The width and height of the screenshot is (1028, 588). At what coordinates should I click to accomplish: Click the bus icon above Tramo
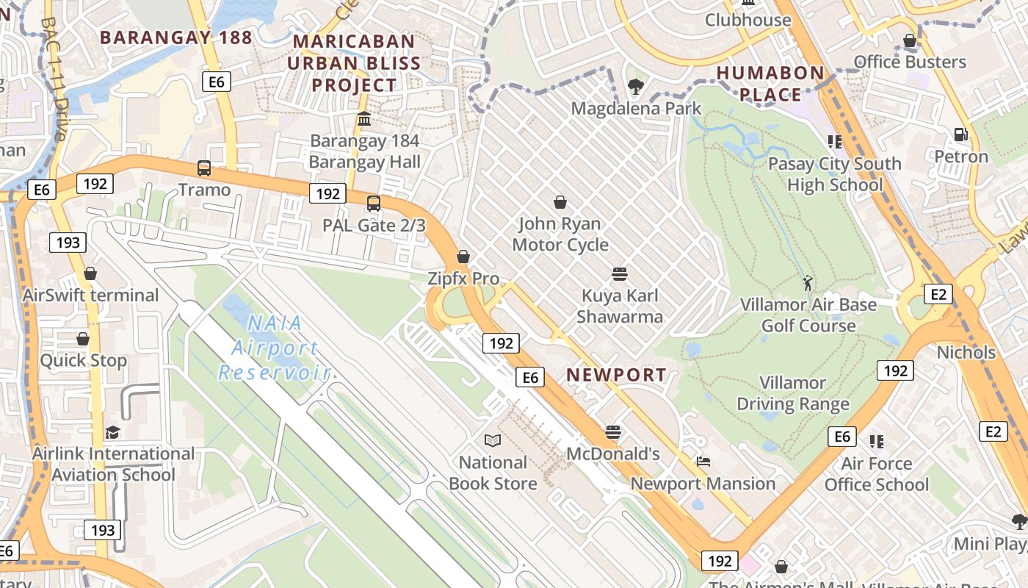[204, 168]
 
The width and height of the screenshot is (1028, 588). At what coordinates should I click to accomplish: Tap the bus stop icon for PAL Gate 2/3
[374, 204]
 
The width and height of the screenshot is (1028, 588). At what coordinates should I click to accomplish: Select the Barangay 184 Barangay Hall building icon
[364, 119]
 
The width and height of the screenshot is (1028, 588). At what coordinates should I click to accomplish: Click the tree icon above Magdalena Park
[636, 87]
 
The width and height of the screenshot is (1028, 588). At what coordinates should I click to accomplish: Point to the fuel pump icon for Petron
[960, 135]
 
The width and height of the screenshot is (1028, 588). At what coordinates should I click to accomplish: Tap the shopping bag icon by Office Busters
[910, 40]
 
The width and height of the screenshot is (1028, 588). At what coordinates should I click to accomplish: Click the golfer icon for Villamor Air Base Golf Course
[808, 283]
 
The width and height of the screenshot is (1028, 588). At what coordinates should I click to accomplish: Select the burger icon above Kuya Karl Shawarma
[620, 274]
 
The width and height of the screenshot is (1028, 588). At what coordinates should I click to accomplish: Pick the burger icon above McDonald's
[613, 432]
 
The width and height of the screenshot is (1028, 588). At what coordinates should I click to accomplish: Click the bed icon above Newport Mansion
[703, 462]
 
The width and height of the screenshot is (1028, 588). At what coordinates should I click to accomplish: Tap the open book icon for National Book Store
[493, 441]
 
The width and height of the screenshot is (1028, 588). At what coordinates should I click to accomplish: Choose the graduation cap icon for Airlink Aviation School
[112, 432]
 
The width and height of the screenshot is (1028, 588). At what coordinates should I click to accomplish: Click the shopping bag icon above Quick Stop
[83, 339]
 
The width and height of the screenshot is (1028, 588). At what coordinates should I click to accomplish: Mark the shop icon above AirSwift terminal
[90, 273]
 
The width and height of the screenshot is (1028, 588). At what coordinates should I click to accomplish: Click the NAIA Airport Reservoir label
[275, 347]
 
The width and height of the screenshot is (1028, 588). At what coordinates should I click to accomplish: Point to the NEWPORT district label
[616, 375]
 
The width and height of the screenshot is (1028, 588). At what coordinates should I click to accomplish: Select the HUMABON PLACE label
[770, 83]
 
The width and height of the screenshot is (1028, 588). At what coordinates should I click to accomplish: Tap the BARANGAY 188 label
[175, 37]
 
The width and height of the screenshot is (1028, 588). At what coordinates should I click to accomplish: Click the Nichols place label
[966, 352]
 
